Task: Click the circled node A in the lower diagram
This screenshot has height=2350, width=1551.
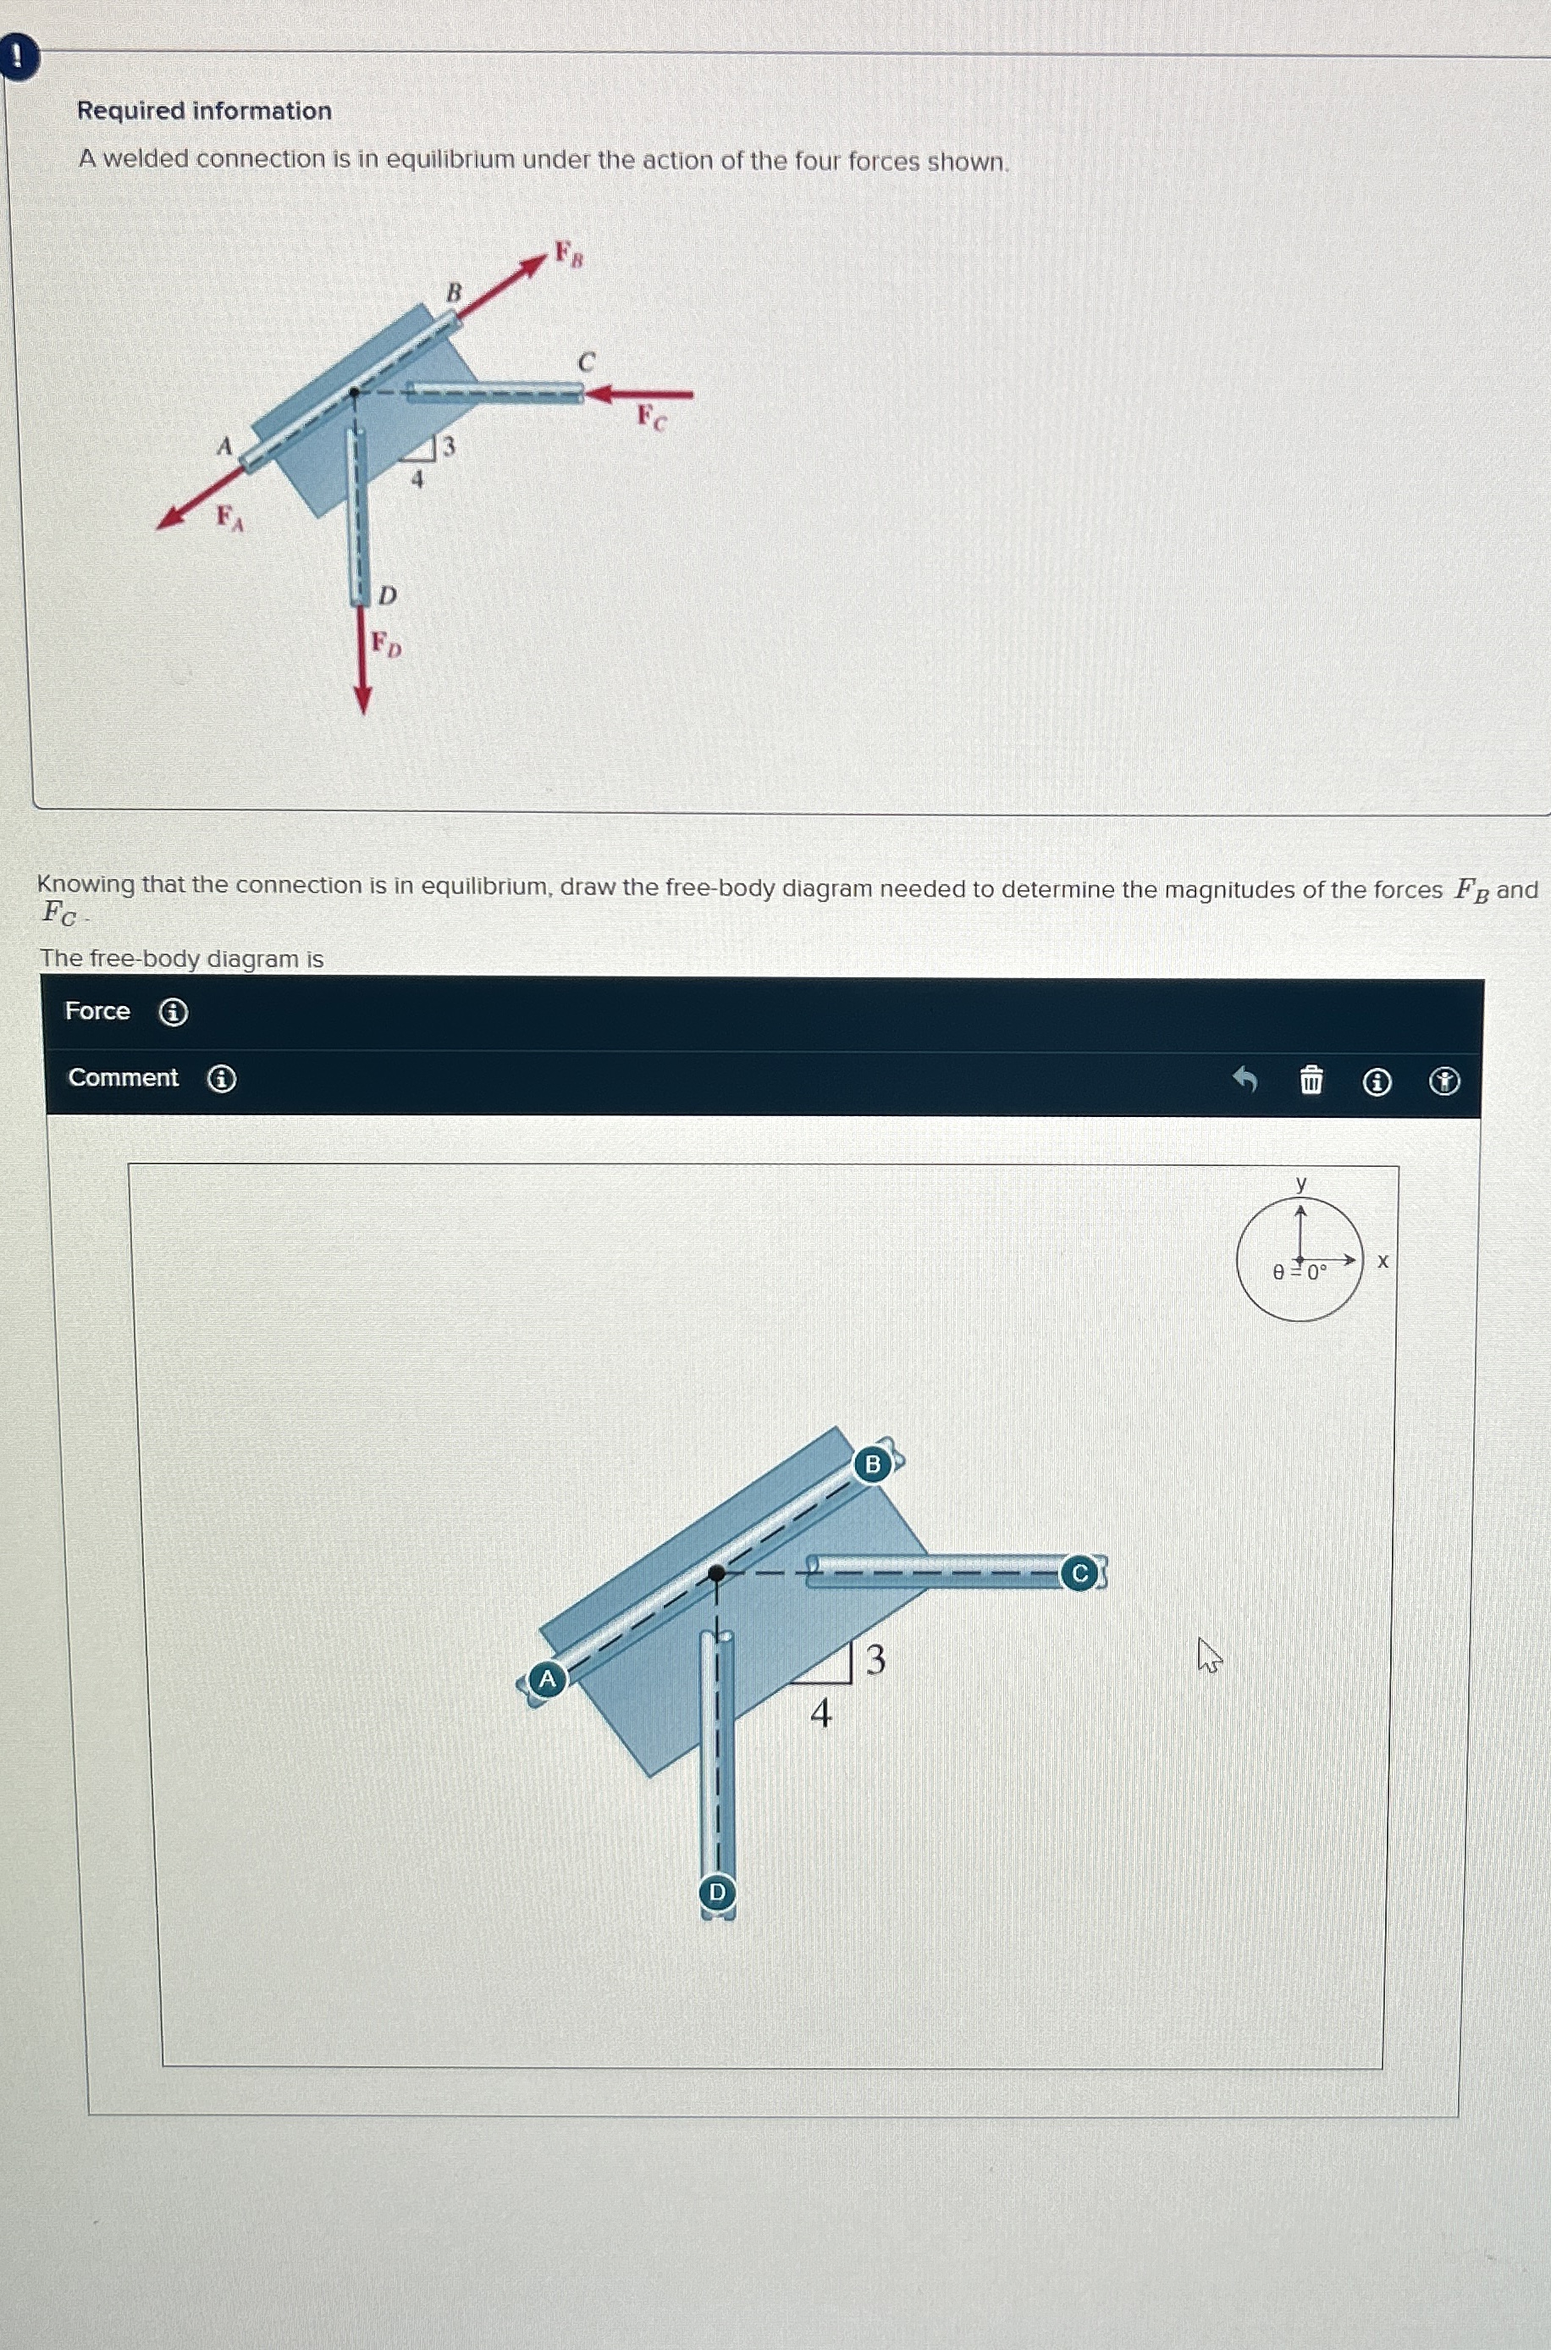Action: [x=547, y=1678]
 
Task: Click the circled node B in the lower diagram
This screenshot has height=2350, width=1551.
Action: [x=872, y=1463]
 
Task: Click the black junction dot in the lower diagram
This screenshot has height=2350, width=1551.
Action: [x=717, y=1573]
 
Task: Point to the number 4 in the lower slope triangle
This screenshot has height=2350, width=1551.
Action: [x=821, y=1713]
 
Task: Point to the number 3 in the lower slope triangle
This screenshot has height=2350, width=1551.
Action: [x=875, y=1659]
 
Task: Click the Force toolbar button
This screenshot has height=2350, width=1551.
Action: [x=97, y=1010]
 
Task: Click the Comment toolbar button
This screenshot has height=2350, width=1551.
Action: [x=123, y=1077]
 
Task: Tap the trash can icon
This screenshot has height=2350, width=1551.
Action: [x=1311, y=1081]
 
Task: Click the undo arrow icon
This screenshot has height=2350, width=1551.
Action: [x=1245, y=1079]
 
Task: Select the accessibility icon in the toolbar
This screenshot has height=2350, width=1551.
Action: [x=1444, y=1082]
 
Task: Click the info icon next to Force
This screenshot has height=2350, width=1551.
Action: [x=174, y=1012]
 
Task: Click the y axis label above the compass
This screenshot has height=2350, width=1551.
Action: [x=1302, y=1182]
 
